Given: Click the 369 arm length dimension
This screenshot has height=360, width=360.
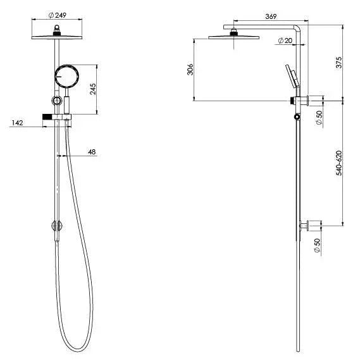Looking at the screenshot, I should [x=253, y=17].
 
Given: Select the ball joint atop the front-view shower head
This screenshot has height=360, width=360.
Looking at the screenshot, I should [x=58, y=28].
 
